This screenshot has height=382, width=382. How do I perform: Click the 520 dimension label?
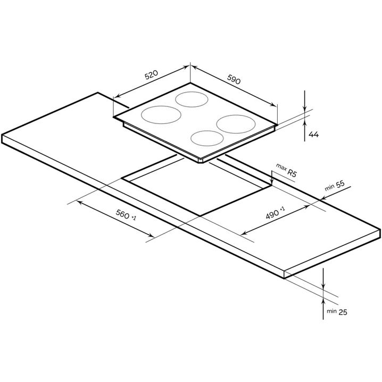151,75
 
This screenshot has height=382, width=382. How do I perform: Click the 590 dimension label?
234,79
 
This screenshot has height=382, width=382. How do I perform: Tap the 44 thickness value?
313,134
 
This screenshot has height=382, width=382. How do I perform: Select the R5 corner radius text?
292,173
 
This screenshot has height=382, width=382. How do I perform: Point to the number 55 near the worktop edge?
341,185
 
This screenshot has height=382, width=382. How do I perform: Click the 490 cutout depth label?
272,214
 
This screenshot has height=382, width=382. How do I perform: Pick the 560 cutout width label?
122,214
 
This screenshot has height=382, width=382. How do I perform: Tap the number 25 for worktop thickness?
343,312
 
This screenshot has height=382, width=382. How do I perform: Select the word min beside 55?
329,188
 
